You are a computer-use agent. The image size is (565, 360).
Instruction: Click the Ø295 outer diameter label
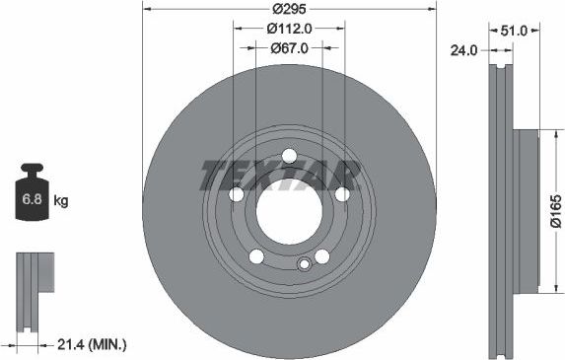pyautogui.click(x=289, y=10)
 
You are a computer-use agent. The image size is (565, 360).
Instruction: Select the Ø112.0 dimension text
pyautogui.click(x=289, y=29)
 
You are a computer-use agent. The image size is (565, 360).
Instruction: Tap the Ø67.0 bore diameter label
pyautogui.click(x=289, y=47)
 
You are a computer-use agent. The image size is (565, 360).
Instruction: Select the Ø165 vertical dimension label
pyautogui.click(x=556, y=212)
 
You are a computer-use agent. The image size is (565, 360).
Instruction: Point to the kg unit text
pyautogui.click(x=61, y=201)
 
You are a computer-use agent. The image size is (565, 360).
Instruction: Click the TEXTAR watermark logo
pyautogui.click(x=279, y=175)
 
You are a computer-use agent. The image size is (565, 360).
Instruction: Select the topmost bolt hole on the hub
pyautogui.click(x=289, y=157)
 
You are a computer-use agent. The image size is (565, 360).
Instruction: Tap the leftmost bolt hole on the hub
pyautogui.click(x=237, y=194)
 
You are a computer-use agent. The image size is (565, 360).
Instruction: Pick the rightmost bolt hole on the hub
pyautogui.click(x=341, y=194)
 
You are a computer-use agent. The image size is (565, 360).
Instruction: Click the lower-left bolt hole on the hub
pyautogui.click(x=256, y=256)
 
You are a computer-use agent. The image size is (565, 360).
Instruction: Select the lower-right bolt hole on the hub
pyautogui.click(x=321, y=256)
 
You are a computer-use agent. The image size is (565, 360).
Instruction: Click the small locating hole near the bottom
pyautogui.click(x=305, y=263)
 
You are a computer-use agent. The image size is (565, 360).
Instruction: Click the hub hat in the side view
pyautogui.click(x=526, y=212)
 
